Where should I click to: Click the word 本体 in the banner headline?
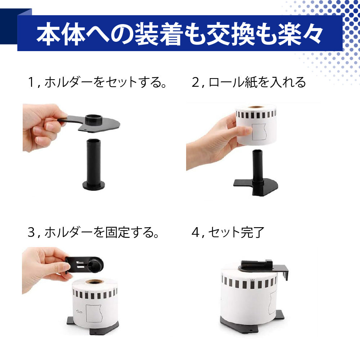60,34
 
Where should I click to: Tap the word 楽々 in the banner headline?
300,34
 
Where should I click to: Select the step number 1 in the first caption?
31,82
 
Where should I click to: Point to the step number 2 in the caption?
195,82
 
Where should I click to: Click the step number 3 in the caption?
31,232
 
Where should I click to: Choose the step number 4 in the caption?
195,232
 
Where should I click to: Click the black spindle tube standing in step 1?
94,164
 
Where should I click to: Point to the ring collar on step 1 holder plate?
94,119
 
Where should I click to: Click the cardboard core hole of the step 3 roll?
94,282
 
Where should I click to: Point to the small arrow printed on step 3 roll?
79,311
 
